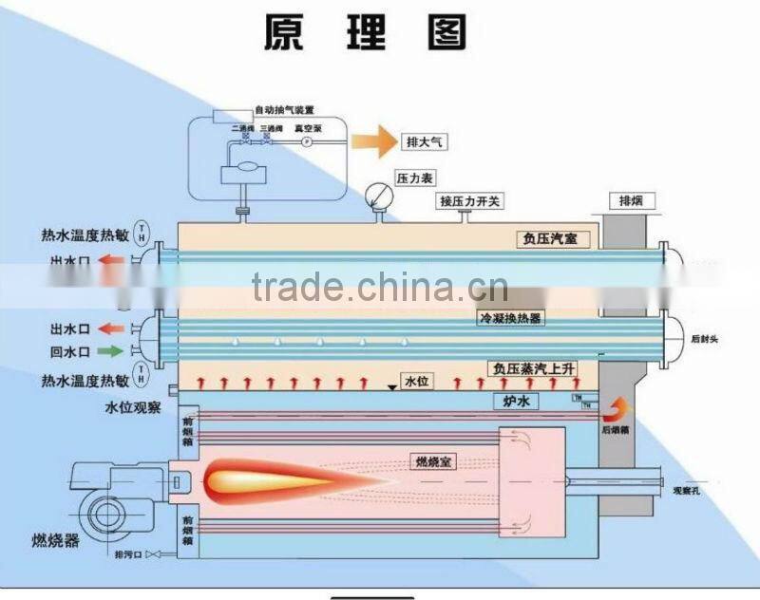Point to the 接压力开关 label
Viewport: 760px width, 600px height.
point(470,202)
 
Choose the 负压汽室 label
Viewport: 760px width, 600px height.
point(550,239)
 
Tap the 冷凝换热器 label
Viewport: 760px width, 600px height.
point(511,319)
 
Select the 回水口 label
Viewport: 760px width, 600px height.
point(69,351)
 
